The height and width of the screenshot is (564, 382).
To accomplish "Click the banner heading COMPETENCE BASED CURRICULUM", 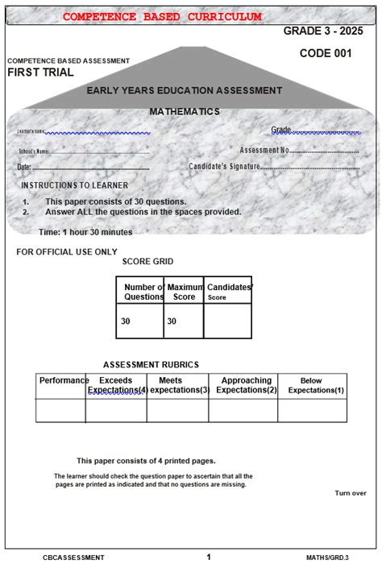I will click(162, 17).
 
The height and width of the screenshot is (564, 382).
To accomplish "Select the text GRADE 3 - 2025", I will click(329, 31).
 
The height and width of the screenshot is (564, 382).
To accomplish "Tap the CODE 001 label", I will click(326, 53).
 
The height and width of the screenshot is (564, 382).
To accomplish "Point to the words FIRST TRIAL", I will click(40, 72).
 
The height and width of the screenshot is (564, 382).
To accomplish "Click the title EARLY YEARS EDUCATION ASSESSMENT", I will click(184, 91).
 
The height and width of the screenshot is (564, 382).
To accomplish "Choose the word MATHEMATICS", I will click(185, 111).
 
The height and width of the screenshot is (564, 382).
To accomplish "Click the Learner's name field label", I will click(31, 131).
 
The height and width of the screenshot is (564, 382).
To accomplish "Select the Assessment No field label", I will click(264, 150).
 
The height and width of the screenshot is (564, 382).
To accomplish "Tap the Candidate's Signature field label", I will click(225, 166).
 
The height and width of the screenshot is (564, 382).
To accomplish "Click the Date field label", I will click(23, 167).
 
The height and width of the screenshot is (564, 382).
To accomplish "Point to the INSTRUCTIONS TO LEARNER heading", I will click(74, 185).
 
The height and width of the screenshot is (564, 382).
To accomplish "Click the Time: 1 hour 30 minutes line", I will click(85, 232).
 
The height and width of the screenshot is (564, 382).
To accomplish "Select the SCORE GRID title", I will click(147, 262).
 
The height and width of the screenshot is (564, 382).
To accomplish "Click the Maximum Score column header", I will click(185, 292).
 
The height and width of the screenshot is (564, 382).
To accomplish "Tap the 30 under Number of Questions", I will click(126, 321).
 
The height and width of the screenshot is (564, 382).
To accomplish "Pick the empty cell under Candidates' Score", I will click(227, 321).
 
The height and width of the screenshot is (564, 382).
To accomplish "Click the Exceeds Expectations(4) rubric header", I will click(116, 385).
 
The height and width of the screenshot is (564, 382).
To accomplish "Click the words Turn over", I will click(351, 493).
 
